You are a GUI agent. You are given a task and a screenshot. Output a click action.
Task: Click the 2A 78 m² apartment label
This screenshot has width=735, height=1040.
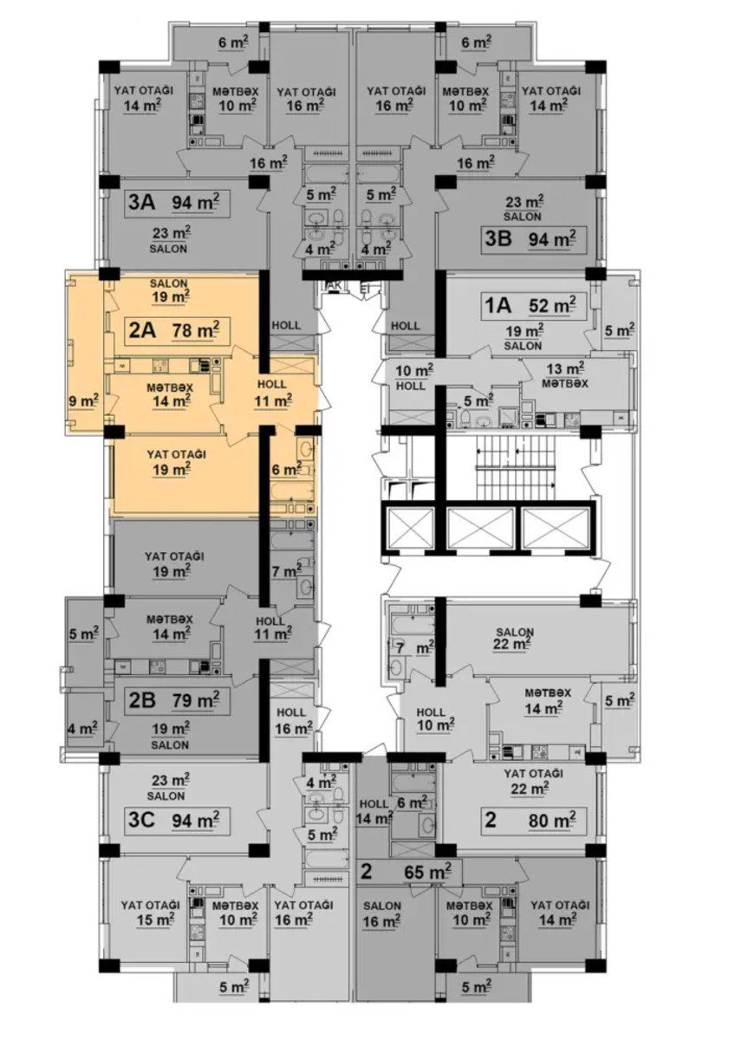(173, 330)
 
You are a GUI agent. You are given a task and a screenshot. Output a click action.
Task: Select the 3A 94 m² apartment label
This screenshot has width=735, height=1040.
(173, 203)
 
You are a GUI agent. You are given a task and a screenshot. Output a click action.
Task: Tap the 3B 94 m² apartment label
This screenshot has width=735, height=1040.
(530, 239)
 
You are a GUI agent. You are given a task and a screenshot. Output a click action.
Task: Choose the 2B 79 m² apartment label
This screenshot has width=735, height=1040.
(173, 699)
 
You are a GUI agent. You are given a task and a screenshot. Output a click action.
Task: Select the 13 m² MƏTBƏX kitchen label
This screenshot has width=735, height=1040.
(564, 375)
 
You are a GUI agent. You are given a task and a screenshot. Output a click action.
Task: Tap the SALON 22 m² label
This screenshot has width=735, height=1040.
(515, 638)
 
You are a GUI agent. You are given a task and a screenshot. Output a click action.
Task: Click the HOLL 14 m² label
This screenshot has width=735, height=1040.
(374, 811)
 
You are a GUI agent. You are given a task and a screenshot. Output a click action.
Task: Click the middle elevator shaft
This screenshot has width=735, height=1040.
(480, 527)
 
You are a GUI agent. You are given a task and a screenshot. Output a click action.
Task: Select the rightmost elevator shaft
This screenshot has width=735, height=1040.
(556, 527)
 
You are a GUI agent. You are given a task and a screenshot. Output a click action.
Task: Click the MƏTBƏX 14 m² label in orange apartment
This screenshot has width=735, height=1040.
(170, 394)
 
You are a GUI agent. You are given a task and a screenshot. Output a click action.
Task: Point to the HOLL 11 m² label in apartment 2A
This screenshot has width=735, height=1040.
(272, 393)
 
